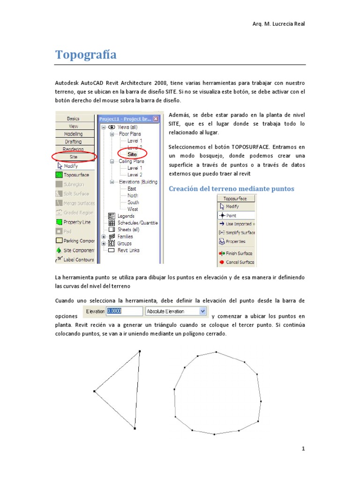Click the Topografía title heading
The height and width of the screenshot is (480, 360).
pos(86,55)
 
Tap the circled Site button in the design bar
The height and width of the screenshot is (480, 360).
pos(74,157)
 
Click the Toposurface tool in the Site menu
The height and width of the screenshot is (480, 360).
pos(76,175)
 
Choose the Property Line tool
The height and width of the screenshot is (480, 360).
pos(77,222)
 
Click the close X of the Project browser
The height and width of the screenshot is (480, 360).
pos(156,119)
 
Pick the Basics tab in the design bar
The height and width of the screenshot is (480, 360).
pos(74,119)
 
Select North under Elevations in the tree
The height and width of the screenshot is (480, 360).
pos(133,195)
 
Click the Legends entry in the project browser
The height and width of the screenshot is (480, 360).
pos(126,216)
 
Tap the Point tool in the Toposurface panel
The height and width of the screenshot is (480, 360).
pos(231,215)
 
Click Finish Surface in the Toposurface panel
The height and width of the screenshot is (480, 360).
pos(239,253)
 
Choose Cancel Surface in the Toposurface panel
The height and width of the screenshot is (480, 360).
pos(240,262)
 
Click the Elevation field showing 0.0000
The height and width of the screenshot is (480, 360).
pos(124,311)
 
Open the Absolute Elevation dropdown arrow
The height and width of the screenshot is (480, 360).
pos(202,311)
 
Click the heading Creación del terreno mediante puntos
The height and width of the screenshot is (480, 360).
pos(231,188)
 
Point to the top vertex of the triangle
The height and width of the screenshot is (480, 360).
pos(140,351)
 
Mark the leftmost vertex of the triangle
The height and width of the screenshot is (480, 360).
pos(94,390)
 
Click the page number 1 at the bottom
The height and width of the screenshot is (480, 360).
pos(303,449)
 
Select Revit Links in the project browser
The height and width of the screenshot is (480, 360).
pos(128,250)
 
